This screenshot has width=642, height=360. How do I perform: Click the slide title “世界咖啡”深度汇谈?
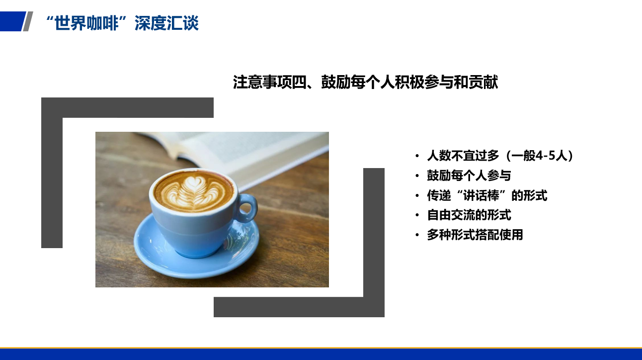point(122,23)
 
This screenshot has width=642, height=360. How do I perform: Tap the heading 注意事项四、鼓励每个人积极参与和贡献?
point(365,82)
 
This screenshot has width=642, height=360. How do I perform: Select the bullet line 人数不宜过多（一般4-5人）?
point(500,156)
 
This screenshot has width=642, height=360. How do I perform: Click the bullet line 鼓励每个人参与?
point(469,176)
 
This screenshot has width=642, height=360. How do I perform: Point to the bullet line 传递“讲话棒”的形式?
point(487,195)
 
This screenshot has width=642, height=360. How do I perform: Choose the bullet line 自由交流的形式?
point(469,215)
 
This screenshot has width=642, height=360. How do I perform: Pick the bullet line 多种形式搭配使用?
point(475,235)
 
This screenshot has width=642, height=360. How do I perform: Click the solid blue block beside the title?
point(12,21)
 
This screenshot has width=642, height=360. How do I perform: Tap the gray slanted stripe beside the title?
point(28,21)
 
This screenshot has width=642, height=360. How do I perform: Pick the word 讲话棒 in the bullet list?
point(481,195)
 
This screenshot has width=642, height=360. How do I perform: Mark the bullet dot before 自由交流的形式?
point(417,215)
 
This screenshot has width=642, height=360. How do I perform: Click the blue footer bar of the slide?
point(321,354)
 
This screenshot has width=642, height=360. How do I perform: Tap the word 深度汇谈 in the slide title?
point(166,23)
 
